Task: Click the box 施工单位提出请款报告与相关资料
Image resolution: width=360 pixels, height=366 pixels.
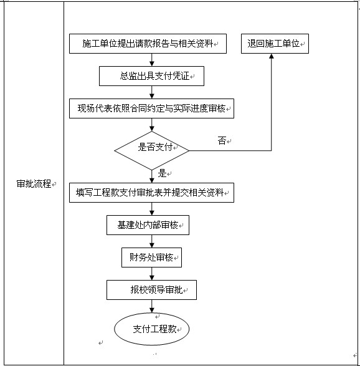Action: tap(148, 44)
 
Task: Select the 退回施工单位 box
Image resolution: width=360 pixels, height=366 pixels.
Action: tap(274, 44)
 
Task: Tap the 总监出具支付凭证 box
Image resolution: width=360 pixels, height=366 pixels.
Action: tap(151, 76)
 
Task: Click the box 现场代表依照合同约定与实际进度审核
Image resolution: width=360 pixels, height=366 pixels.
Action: tap(151, 108)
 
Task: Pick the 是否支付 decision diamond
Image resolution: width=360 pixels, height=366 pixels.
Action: tap(151, 150)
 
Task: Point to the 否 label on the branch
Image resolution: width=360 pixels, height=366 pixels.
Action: tap(222, 141)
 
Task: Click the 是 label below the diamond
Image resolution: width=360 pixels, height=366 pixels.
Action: tap(163, 173)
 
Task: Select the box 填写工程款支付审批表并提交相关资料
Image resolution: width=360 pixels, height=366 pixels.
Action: tap(151, 193)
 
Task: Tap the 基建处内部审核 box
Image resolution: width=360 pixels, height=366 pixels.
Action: tap(148, 225)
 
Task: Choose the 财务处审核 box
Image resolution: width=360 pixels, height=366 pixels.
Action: tap(151, 257)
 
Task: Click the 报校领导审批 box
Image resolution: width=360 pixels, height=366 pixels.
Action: tap(151, 289)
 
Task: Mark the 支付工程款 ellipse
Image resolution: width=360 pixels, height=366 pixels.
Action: tap(151, 329)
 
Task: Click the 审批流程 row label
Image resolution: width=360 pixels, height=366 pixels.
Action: tap(34, 184)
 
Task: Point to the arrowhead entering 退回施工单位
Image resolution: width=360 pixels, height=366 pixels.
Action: tap(272, 57)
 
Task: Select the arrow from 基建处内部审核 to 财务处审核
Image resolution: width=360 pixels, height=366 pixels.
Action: tap(151, 241)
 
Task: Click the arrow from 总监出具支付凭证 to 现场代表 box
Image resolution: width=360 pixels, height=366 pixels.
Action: tap(151, 92)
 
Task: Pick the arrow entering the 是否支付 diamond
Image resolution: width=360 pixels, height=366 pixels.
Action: tap(151, 125)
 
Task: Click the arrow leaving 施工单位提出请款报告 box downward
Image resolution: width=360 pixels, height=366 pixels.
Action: tap(151, 60)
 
